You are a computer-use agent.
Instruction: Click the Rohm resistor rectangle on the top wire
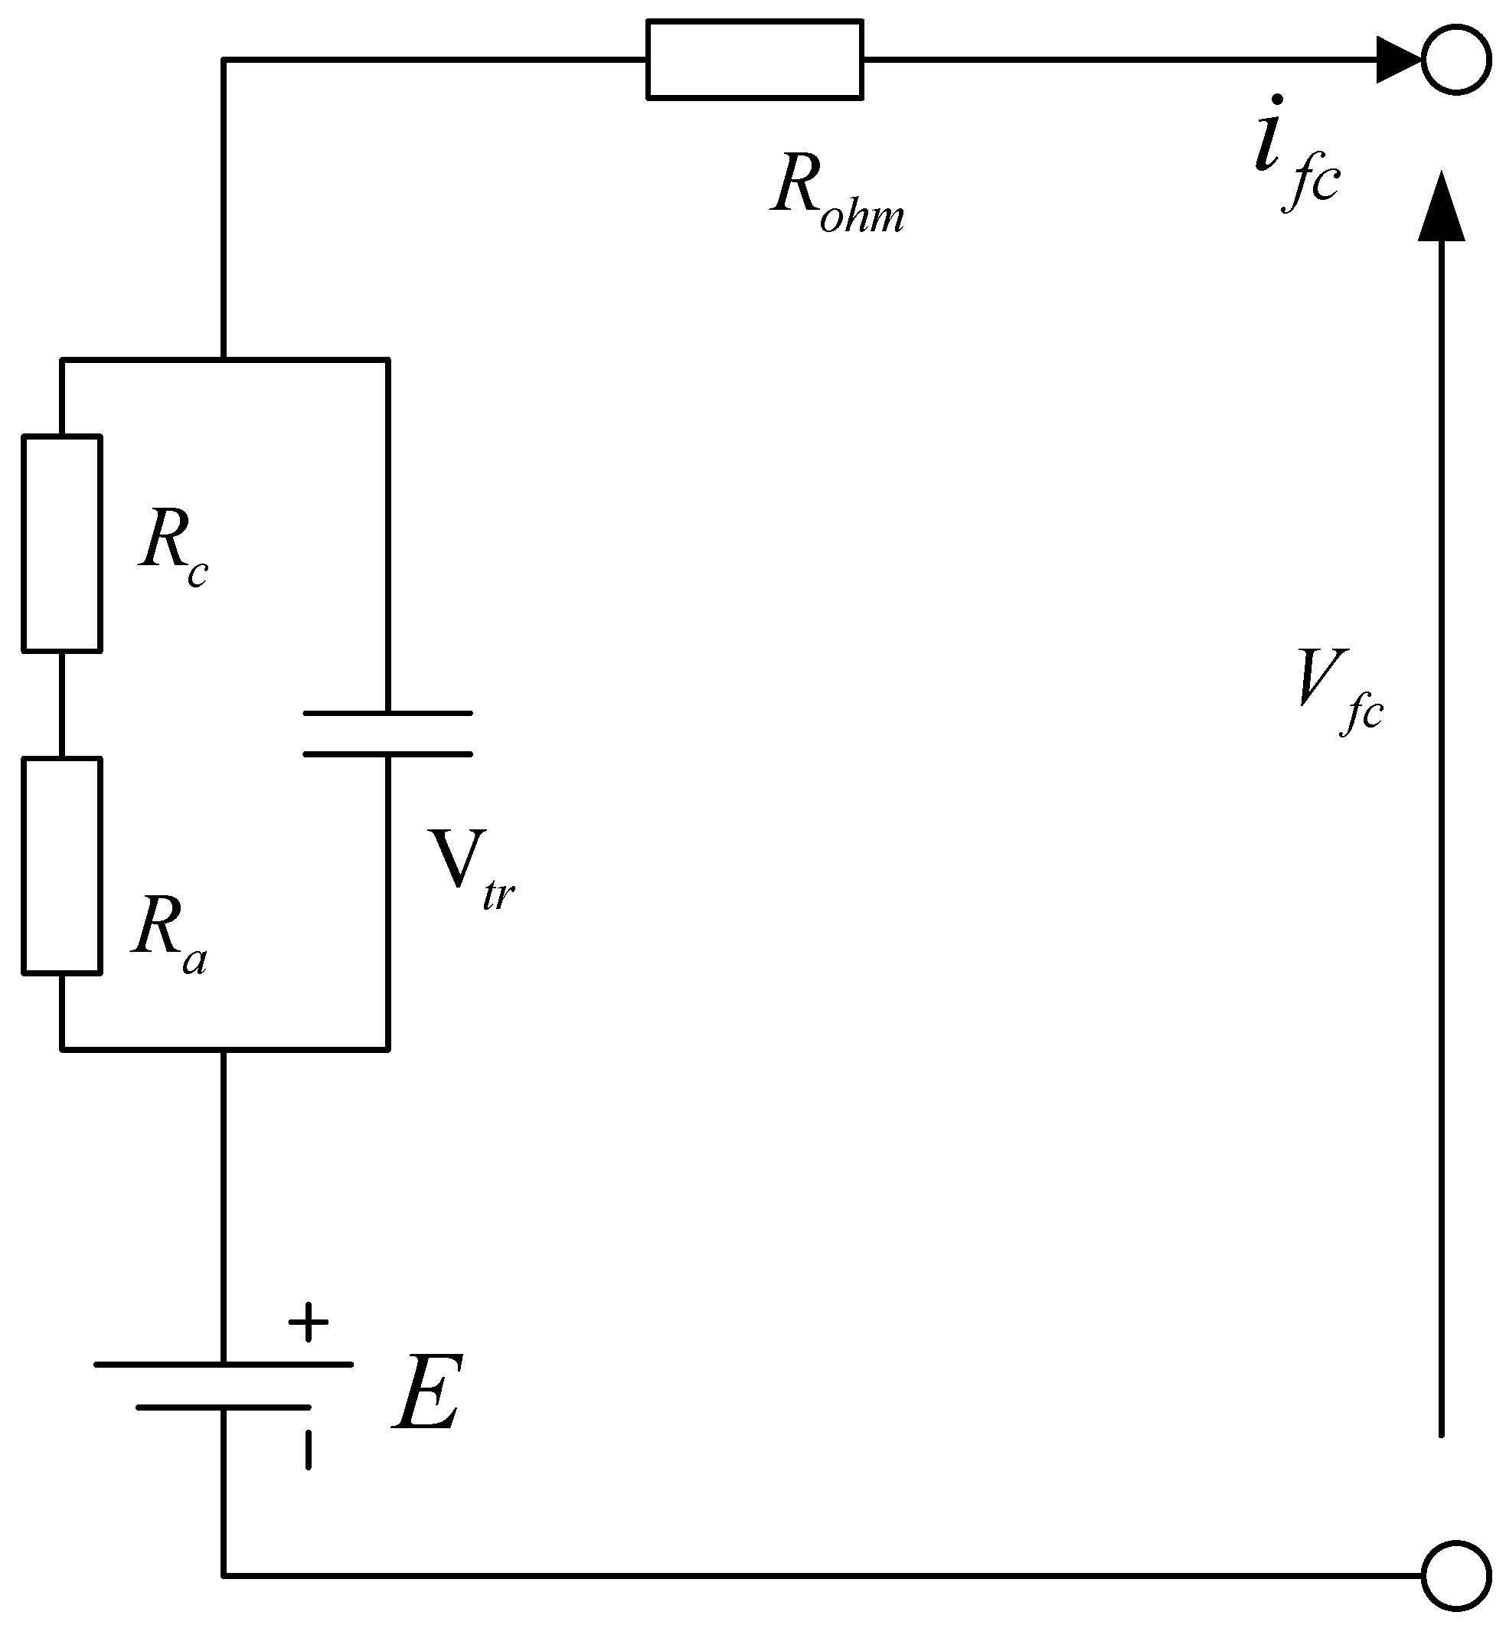coord(755,60)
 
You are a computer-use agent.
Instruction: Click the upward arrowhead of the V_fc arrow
coord(1441,208)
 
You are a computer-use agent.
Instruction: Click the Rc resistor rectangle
coord(62,544)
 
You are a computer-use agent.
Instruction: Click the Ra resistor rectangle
coord(62,865)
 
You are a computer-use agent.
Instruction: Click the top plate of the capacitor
coord(388,713)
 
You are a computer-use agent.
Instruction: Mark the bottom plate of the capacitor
coord(388,754)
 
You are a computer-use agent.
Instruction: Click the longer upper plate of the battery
coord(224,1363)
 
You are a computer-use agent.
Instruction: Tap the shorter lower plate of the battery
coord(224,1407)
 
